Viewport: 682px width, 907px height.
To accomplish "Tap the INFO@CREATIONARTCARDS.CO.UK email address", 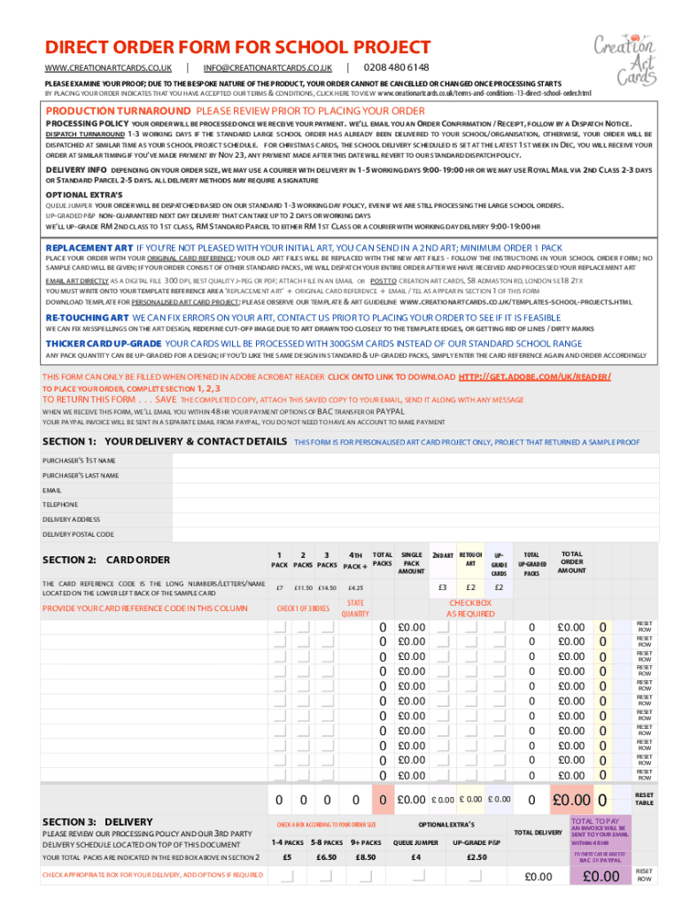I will click(267, 68).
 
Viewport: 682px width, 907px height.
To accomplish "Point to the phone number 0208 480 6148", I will click(396, 68).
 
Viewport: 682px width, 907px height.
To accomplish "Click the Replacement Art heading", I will click(88, 247).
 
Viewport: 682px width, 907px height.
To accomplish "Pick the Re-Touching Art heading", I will click(87, 316).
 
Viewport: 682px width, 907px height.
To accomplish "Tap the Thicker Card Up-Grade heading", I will click(104, 343).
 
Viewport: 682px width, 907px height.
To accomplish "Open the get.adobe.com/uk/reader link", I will click(535, 376).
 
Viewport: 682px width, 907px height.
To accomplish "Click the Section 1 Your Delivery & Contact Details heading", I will click(165, 441).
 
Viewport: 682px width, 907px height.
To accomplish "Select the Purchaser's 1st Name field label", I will click(79, 461).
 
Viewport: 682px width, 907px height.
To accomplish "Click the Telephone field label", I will click(60, 505).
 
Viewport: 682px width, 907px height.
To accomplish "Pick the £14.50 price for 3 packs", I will click(327, 587).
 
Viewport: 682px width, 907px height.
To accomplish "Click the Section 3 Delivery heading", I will click(97, 822).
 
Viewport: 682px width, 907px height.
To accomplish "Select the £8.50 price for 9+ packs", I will click(365, 857).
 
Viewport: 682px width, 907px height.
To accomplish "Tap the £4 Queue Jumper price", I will click(416, 857).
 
